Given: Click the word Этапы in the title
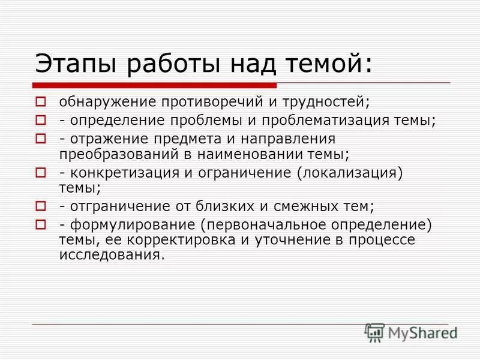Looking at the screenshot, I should click(71, 63).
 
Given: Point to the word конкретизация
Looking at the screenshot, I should click(119, 173).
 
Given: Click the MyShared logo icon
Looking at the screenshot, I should click(374, 332).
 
